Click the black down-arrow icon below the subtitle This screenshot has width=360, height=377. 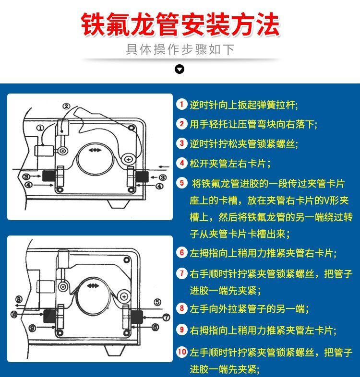[180, 69]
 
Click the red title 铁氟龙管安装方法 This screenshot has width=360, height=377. [180, 24]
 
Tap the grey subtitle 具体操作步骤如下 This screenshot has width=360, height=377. [180, 49]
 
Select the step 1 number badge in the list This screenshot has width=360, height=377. [182, 105]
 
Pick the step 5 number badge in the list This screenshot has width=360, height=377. [182, 183]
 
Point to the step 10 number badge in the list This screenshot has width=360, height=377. [182, 352]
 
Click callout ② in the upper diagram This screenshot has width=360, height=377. [66, 106]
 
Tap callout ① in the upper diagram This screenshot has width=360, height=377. [40, 128]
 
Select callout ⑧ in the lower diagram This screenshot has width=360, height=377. [19, 300]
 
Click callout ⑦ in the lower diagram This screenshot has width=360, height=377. [167, 318]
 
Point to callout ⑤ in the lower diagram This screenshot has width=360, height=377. [157, 302]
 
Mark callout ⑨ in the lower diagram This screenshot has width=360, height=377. [32, 328]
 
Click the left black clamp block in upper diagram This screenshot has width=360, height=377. [49, 176]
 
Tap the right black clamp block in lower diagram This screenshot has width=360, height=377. [137, 317]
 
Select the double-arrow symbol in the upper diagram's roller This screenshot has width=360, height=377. [95, 150]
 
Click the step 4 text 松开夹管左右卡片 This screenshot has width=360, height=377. [230, 163]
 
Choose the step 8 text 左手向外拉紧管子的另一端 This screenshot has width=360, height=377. [249, 308]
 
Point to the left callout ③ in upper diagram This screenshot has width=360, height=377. [26, 177]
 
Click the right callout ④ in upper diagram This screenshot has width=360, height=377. [159, 186]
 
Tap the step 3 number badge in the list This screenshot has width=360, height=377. [182, 143]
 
